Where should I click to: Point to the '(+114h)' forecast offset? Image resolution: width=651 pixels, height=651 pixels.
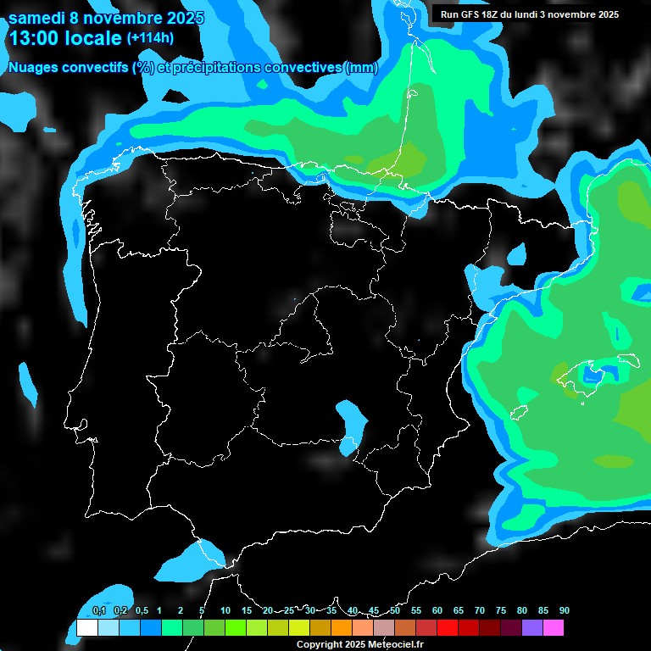[150, 38]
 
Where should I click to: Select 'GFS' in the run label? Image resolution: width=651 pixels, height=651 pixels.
[473, 14]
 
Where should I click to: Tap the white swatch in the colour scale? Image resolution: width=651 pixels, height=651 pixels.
[86, 628]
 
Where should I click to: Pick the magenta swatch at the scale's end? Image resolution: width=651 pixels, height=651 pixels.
[554, 628]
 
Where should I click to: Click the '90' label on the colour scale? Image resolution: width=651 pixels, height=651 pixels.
[564, 611]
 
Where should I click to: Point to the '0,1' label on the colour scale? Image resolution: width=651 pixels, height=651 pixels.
[98, 611]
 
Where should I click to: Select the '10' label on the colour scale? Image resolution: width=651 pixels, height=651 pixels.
[225, 611]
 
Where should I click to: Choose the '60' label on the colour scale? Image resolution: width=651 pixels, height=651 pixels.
[437, 611]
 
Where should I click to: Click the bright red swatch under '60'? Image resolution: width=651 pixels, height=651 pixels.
[448, 628]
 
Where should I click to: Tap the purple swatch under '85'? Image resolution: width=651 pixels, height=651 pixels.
[532, 628]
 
